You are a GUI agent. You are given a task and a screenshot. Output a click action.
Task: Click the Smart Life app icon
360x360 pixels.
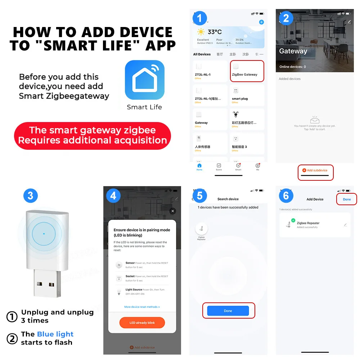click(144, 80)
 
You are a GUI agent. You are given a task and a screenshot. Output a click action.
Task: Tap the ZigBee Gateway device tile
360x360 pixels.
click(247, 71)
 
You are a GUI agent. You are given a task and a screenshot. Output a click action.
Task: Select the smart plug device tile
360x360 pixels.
click(247, 95)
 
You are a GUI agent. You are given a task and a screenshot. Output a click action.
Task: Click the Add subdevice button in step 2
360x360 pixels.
click(315, 170)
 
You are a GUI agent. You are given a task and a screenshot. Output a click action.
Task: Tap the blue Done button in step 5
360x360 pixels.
click(228, 311)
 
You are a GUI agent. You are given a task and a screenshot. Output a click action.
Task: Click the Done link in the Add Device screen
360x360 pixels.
click(347, 199)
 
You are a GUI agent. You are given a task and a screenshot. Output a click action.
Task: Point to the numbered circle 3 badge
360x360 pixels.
click(30, 195)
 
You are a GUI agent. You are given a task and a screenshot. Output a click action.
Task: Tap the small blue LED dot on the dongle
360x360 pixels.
click(44, 234)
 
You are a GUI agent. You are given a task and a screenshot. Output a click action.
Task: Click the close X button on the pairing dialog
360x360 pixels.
click(173, 211)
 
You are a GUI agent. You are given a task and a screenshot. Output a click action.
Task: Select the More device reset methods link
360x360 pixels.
click(142, 307)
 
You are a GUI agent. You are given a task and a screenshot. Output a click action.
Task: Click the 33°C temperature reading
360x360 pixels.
click(215, 32)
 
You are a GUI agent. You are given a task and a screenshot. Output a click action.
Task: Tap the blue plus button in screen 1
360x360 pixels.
click(261, 22)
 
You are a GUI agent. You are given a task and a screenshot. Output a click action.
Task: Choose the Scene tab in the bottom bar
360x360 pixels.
click(219, 167)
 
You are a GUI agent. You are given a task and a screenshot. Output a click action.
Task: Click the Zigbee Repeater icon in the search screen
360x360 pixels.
click(201, 229)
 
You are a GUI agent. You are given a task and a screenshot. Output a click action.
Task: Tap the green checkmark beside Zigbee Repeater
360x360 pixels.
click(293, 220)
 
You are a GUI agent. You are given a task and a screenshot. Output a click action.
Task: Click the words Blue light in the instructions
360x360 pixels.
click(55, 334)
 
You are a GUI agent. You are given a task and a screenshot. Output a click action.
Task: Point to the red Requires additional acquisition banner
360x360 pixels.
click(93, 135)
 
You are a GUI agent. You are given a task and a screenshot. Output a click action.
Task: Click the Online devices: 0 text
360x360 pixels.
click(293, 67)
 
